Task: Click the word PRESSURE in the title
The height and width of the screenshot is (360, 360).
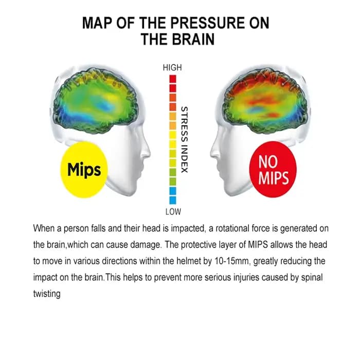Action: (208, 23)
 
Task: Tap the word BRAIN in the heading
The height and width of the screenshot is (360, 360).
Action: (193, 39)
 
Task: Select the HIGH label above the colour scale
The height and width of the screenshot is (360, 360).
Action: (172, 67)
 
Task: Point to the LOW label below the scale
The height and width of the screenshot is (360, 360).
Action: (173, 211)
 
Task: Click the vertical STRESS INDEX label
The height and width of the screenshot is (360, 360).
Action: (184, 139)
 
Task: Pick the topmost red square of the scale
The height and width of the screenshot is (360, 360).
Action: (173, 79)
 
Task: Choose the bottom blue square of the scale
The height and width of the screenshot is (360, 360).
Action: (173, 200)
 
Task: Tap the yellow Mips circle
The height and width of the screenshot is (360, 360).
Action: (84, 170)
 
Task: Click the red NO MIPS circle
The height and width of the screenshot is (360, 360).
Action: (273, 169)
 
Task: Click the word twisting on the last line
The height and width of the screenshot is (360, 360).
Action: (47, 294)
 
